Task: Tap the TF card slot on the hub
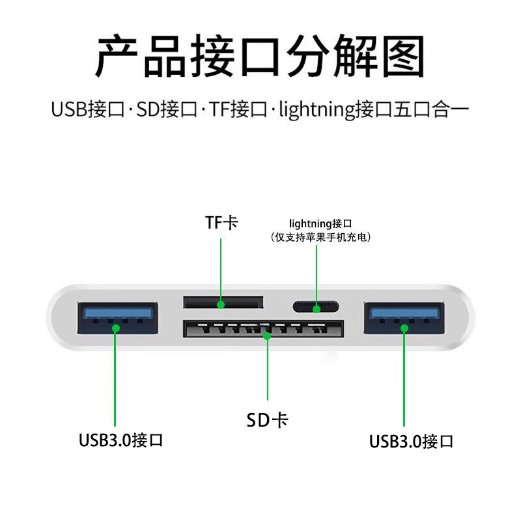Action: [223, 302]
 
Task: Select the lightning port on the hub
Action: [316, 306]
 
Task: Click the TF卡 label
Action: [221, 223]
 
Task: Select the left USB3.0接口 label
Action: [120, 440]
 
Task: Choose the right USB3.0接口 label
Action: [411, 441]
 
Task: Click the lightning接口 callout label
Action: [320, 223]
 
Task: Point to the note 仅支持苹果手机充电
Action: [320, 238]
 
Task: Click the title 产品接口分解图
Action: [260, 57]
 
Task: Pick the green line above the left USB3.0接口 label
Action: [115, 378]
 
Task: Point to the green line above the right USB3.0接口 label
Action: [404, 378]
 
